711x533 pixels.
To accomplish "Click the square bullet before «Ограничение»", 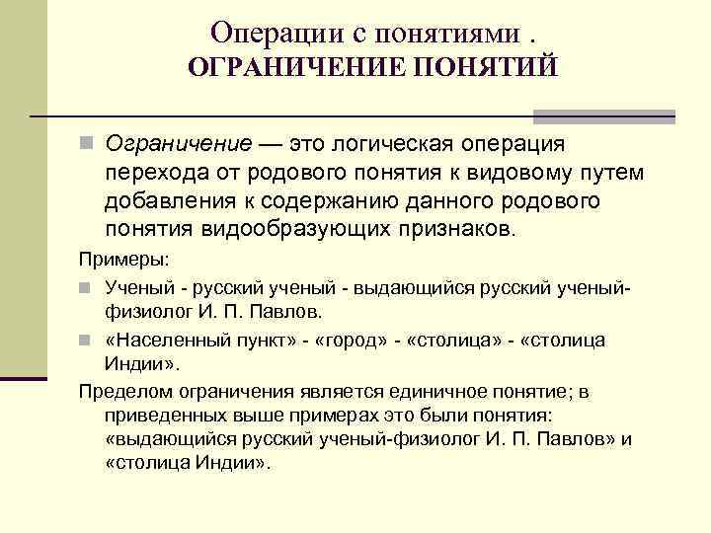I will click(87, 145).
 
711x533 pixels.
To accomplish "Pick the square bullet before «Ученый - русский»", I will click(87, 287).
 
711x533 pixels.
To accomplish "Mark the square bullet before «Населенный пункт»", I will click(87, 340).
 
